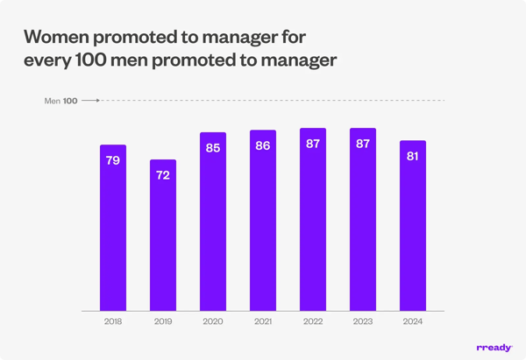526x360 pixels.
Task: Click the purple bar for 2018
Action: [113, 228]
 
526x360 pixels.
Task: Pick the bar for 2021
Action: [263, 221]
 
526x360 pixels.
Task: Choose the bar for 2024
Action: [413, 226]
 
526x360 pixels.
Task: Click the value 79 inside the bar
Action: [113, 160]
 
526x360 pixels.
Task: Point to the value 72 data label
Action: [163, 175]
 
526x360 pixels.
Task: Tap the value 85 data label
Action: [213, 148]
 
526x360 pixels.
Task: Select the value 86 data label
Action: [263, 145]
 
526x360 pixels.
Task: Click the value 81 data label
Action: [413, 156]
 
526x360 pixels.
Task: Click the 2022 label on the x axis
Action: [313, 322]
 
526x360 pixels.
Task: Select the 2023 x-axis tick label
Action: [363, 322]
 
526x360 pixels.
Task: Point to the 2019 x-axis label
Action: [163, 322]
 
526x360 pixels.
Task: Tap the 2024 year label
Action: [413, 322]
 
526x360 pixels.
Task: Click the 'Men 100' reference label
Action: [60, 101]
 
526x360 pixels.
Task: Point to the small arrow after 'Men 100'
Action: [89, 101]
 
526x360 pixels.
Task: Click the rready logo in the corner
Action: [494, 348]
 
